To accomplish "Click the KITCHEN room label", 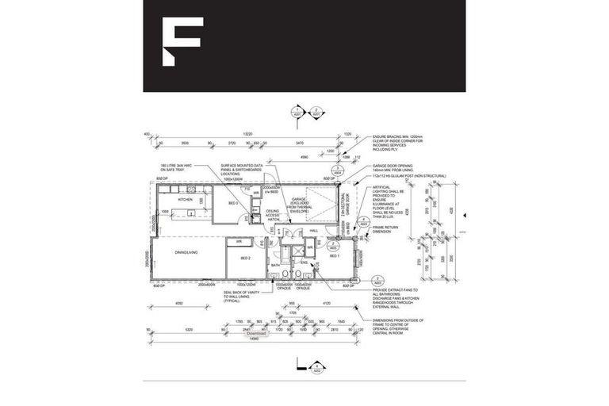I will coord(185,199).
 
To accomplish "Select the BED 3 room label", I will coord(233,204).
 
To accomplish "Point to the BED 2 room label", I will coord(245,259).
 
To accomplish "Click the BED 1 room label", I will coord(334,256).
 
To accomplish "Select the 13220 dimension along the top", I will coord(247,134).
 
